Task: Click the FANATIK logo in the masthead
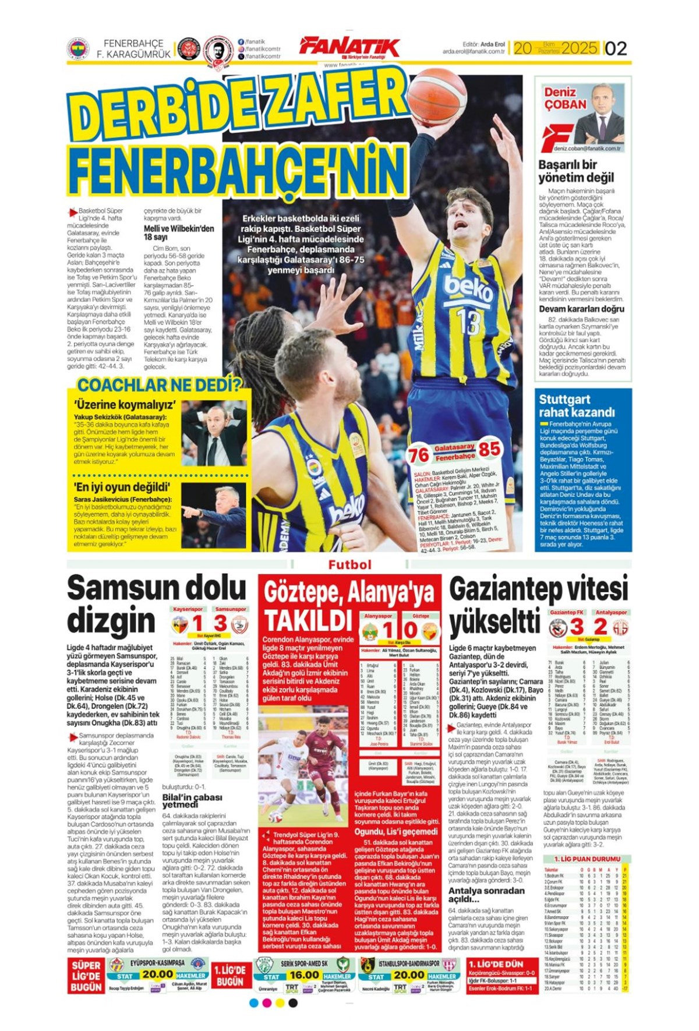(349, 47)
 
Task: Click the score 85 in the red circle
(489, 449)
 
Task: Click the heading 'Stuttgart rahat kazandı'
(576, 406)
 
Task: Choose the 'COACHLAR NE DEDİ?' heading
(159, 385)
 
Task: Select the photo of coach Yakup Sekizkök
(214, 433)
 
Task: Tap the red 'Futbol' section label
(349, 564)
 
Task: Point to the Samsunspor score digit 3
(221, 623)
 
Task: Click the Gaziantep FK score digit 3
(576, 627)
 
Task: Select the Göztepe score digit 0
(411, 630)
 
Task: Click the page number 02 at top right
(616, 48)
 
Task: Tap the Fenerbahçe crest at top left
(77, 49)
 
